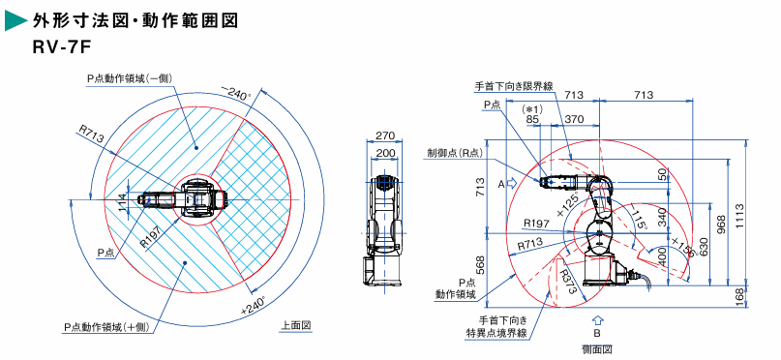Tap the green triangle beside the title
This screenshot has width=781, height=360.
[x=15, y=21]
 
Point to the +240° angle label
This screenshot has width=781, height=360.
[x=253, y=305]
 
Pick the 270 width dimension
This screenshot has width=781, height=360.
[x=385, y=135]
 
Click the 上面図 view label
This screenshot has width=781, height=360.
[x=296, y=325]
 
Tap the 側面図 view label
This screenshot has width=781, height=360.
[x=597, y=348]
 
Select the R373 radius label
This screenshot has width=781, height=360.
[x=568, y=283]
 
